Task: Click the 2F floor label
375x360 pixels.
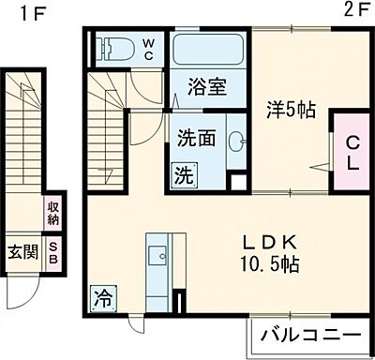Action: pyautogui.click(x=353, y=11)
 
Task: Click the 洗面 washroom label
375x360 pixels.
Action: pyautogui.click(x=197, y=138)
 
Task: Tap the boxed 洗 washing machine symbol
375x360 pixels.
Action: pyautogui.click(x=184, y=173)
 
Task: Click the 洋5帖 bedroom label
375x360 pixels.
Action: pyautogui.click(x=289, y=110)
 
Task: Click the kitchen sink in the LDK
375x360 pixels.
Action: pyautogui.click(x=158, y=253)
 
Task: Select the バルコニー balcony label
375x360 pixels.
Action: pyautogui.click(x=309, y=336)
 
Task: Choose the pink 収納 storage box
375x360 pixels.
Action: pyautogui.click(x=52, y=214)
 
